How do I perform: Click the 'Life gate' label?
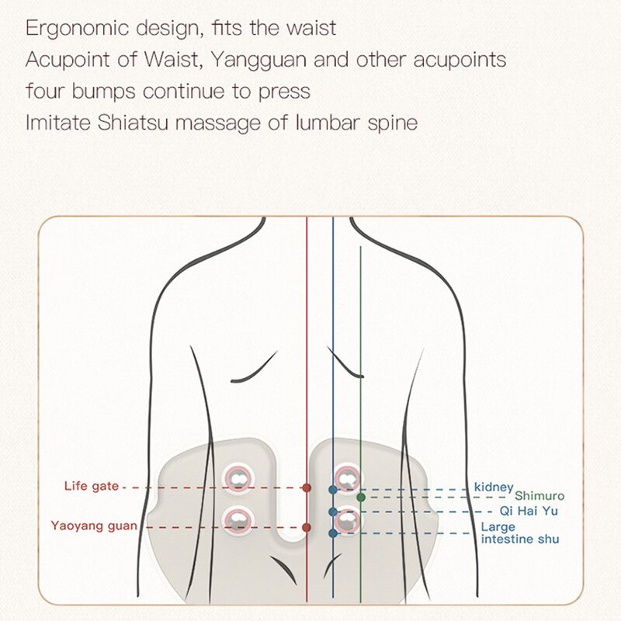[91, 486]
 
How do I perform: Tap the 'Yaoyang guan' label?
[94, 526]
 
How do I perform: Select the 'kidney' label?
[494, 487]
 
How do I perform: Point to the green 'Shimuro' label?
[539, 495]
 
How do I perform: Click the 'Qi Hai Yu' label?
[530, 511]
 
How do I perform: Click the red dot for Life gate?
[307, 487]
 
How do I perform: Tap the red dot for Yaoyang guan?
[307, 527]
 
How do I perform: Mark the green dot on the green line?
[361, 497]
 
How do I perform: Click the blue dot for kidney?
[333, 490]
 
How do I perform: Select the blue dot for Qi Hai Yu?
[333, 512]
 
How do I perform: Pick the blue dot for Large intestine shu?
[333, 533]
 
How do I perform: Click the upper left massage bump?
[238, 480]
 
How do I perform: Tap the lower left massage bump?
[238, 519]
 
